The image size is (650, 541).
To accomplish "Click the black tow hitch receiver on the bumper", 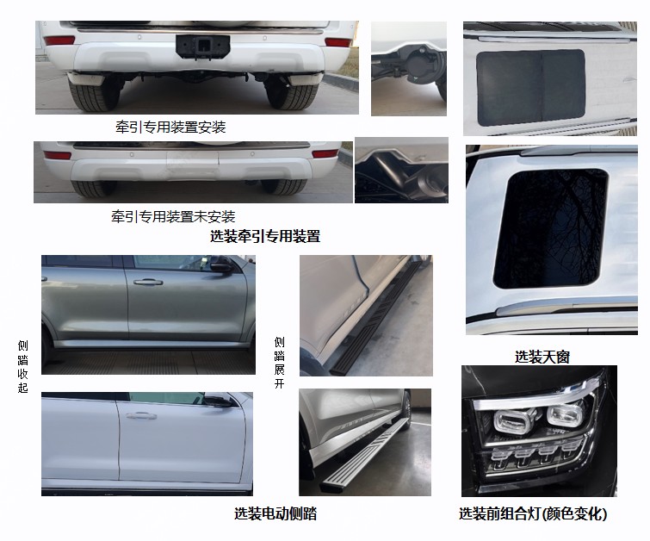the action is (x=202, y=47).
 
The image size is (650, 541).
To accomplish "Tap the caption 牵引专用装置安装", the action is (x=170, y=127).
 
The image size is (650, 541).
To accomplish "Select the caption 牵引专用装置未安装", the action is (x=173, y=216).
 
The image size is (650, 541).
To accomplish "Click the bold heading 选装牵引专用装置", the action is (x=265, y=236).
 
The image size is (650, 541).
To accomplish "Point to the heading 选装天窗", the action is (x=542, y=357).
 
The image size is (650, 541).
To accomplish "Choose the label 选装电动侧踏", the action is (x=275, y=513).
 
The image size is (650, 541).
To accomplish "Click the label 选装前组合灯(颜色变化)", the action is (x=533, y=513).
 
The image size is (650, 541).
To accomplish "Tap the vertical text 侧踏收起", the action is (x=22, y=366).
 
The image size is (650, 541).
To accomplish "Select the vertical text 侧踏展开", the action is (x=280, y=363).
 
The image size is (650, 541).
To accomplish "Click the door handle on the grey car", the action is (x=148, y=282).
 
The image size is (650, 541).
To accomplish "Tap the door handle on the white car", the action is (x=141, y=415).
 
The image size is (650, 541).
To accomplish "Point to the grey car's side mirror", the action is (x=221, y=266).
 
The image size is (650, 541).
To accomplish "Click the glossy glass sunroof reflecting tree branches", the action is (x=550, y=228).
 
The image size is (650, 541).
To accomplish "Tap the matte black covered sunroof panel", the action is (x=530, y=88).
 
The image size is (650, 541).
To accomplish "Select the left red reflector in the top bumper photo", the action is (x=59, y=40).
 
